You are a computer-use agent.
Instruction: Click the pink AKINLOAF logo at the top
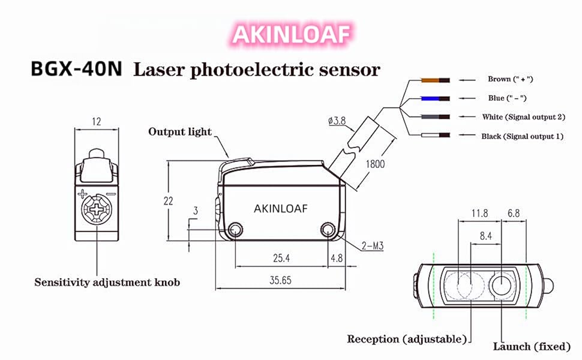(x=292, y=34)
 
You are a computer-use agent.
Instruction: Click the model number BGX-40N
(x=76, y=68)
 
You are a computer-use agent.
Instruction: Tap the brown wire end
(x=436, y=80)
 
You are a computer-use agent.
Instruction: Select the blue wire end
(x=436, y=98)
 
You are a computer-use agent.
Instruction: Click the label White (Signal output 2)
(x=523, y=117)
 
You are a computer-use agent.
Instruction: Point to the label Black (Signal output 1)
(x=522, y=136)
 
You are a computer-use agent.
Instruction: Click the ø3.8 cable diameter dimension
(x=337, y=121)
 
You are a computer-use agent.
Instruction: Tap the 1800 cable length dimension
(x=375, y=164)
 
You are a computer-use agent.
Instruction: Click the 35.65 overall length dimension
(x=280, y=280)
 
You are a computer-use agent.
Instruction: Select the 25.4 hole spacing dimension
(x=281, y=258)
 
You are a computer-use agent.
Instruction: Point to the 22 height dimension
(x=168, y=201)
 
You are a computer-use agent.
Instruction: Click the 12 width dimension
(x=97, y=122)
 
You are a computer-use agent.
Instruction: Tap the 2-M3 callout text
(x=372, y=245)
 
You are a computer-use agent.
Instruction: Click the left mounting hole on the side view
(x=235, y=230)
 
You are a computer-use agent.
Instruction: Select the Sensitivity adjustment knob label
(x=107, y=283)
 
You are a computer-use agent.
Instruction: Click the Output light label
(x=179, y=132)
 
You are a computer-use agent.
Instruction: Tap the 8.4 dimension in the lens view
(x=485, y=236)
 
